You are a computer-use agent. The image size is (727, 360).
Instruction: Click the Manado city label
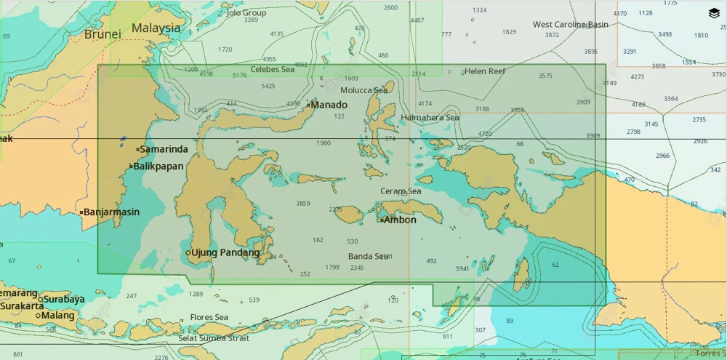pos(329,105)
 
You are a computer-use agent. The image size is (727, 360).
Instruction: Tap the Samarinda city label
pos(164,149)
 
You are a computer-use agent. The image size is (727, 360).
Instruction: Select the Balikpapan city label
pos(158,167)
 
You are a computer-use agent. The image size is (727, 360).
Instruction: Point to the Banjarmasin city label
pos(111,212)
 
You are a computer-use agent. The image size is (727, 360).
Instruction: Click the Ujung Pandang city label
pos(225,253)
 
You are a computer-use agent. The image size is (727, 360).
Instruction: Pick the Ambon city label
pos(400,220)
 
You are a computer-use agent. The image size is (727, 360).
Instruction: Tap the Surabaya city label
pos(64,299)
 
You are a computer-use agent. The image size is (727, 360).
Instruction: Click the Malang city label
pos(58,316)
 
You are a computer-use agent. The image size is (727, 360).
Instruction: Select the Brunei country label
pos(103,34)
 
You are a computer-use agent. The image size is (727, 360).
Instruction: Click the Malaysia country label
pos(156,28)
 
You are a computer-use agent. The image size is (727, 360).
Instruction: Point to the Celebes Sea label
pos(273,70)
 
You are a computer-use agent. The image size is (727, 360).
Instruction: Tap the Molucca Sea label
pos(364,90)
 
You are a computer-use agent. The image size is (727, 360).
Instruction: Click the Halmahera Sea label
pos(430,117)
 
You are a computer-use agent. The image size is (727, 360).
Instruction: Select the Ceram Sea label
pos(401,191)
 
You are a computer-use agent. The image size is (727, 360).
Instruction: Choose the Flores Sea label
pos(209,317)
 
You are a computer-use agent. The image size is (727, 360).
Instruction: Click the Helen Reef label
pos(485,71)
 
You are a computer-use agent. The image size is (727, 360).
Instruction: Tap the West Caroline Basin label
pos(571,25)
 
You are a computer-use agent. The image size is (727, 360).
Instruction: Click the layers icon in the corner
pos(714,12)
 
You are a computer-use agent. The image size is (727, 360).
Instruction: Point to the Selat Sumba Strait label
pos(214,338)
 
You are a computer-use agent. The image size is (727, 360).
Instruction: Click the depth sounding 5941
pos(462,268)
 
